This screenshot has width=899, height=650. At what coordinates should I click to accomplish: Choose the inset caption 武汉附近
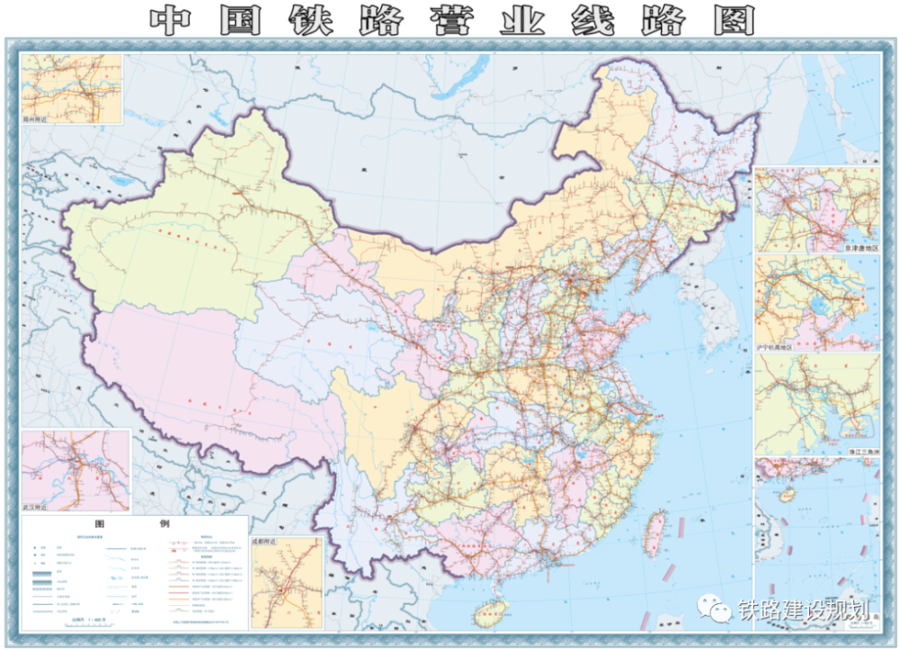[x=38, y=508]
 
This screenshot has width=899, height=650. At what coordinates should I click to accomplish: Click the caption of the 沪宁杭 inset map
[x=854, y=345]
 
